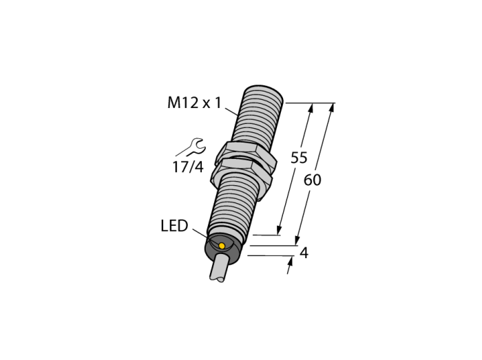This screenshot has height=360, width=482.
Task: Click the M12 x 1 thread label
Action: point(194,103)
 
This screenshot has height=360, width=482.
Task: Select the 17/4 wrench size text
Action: point(188,167)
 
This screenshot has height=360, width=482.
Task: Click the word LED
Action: point(174,226)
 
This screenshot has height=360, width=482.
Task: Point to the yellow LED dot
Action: point(222,245)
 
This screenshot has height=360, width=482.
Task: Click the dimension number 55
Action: point(299,158)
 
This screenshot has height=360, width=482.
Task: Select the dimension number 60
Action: point(313,180)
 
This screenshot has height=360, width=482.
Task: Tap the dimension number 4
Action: point(304,253)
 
